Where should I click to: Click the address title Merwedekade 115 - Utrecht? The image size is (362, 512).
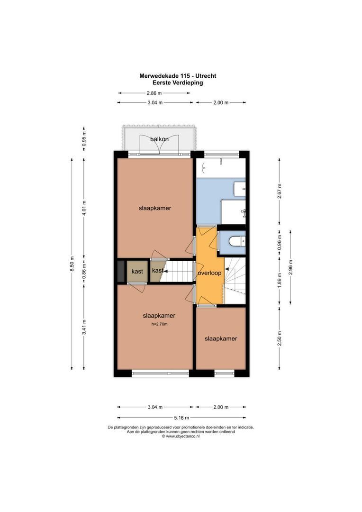[x=178, y=76]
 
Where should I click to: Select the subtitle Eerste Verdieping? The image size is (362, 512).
[x=178, y=82]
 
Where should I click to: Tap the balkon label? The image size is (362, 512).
[x=159, y=139]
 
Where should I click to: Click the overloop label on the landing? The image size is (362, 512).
[x=210, y=274]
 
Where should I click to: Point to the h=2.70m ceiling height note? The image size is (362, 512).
[x=159, y=325]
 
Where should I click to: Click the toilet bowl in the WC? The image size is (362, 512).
[x=236, y=242]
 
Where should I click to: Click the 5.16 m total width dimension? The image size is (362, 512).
[x=181, y=418]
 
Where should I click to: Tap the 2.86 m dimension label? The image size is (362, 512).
[x=154, y=93]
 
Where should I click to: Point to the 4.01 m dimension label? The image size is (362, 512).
[x=84, y=209]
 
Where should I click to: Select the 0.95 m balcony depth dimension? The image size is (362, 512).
[x=84, y=138]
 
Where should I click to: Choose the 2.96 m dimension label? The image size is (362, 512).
[x=290, y=268]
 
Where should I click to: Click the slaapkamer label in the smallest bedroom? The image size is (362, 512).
[x=221, y=338]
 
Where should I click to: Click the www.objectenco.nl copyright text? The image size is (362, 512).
[x=181, y=436]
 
